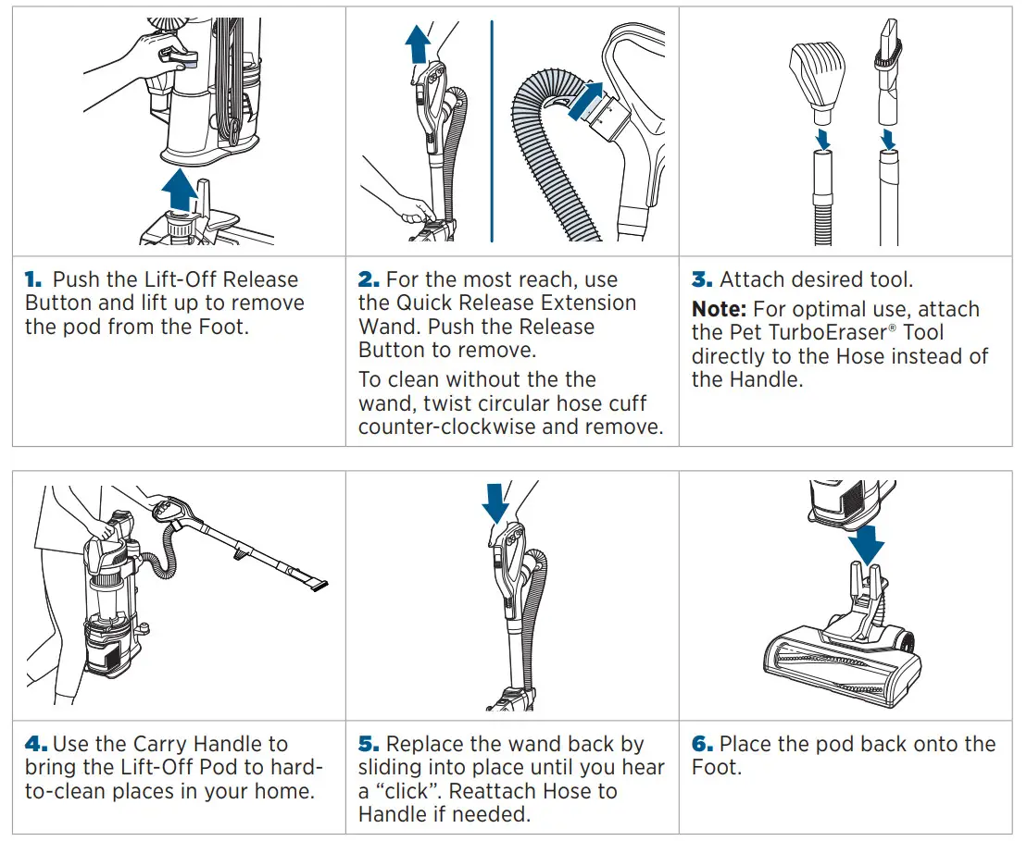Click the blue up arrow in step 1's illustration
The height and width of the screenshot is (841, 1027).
pyautogui.click(x=179, y=191)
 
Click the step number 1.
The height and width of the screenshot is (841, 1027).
pyautogui.click(x=33, y=279)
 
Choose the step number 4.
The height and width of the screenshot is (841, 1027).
pyautogui.click(x=35, y=744)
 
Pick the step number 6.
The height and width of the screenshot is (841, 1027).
pyautogui.click(x=702, y=744)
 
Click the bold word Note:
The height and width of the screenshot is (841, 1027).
pyautogui.click(x=720, y=309)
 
